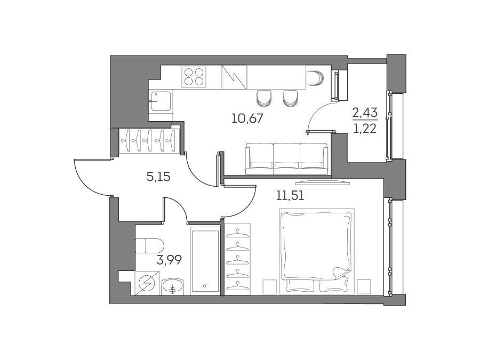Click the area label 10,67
point(247,118)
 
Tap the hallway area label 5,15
point(158,177)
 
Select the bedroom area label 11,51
point(290,195)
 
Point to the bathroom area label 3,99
point(169,260)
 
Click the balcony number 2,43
point(365,113)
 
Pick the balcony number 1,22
point(365,129)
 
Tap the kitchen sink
point(160,101)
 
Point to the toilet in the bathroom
point(149,245)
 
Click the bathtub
point(205,261)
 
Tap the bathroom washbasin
point(172,286)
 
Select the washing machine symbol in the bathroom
point(147,284)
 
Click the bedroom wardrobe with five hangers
point(237,259)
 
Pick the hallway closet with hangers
point(149,140)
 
